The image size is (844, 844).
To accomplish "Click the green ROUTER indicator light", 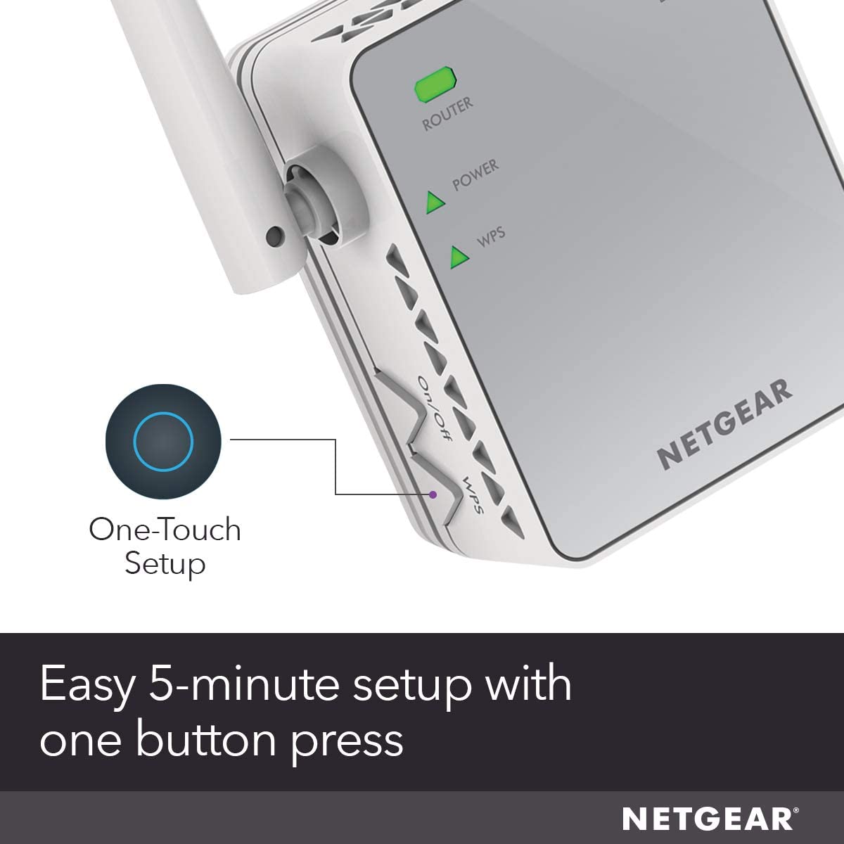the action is pyautogui.click(x=435, y=84).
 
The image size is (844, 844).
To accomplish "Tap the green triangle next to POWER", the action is pyautogui.click(x=435, y=203).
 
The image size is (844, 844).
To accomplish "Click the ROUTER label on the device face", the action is pyautogui.click(x=447, y=114).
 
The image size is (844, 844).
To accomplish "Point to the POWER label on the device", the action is pyautogui.click(x=475, y=175).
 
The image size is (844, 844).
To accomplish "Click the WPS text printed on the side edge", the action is pyautogui.click(x=473, y=495).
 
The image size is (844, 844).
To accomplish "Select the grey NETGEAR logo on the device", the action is pyautogui.click(x=725, y=424).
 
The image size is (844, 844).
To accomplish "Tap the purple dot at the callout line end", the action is pyautogui.click(x=433, y=494).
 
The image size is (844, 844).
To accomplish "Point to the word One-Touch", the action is pyautogui.click(x=165, y=530).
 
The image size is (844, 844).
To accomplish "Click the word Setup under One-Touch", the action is pyautogui.click(x=165, y=564).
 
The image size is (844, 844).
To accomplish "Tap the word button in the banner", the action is pyautogui.click(x=207, y=739).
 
